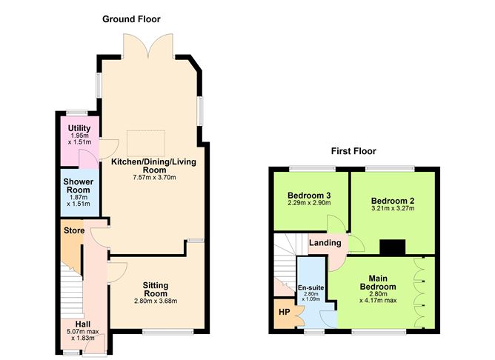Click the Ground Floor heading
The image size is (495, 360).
pos(131,19)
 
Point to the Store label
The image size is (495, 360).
pos(73,230)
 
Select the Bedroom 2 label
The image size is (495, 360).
pos(392,200)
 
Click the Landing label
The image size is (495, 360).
pos(325,243)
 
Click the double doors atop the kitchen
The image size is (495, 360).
pos(150,48)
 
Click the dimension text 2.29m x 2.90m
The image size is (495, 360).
pos(309,206)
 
